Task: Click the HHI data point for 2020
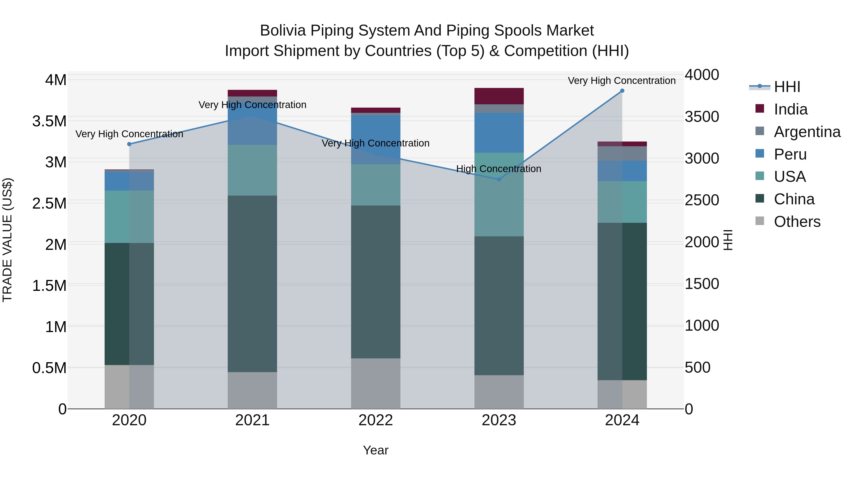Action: (x=129, y=144)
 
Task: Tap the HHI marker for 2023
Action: (x=499, y=179)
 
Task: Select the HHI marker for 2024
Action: (x=622, y=91)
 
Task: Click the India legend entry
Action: (x=790, y=109)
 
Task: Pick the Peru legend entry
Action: (x=790, y=154)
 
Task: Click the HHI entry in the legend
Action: (x=787, y=87)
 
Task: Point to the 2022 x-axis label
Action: (x=376, y=420)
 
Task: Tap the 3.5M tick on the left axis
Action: (x=49, y=121)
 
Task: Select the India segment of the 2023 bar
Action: (x=499, y=96)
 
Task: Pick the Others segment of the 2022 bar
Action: (x=376, y=383)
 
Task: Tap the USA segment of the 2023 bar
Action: (x=499, y=194)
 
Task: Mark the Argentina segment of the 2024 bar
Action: (x=622, y=154)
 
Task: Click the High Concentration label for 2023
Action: (x=499, y=169)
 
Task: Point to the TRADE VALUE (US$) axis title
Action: (x=8, y=240)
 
